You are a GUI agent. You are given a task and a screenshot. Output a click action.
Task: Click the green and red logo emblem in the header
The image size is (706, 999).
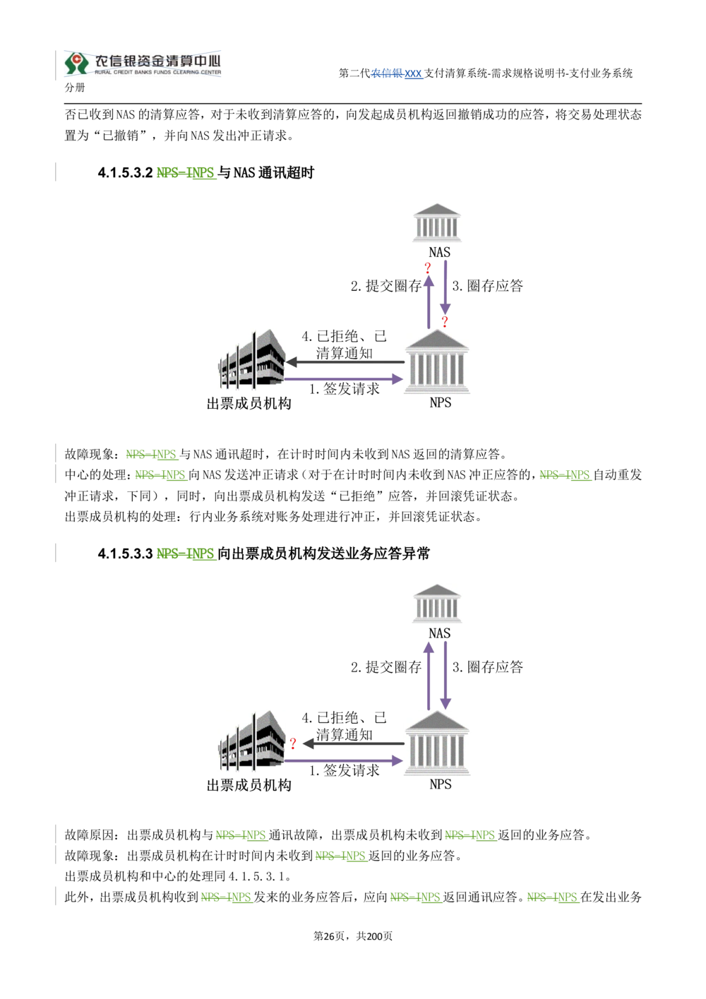[76, 63]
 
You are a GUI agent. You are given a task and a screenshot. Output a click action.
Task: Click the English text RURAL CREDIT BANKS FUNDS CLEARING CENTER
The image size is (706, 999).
[157, 72]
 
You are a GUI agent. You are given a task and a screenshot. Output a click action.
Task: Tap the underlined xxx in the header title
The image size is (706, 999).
[413, 73]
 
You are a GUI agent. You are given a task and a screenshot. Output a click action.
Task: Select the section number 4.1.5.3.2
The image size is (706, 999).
[126, 172]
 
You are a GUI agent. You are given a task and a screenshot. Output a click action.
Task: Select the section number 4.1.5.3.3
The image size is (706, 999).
[126, 554]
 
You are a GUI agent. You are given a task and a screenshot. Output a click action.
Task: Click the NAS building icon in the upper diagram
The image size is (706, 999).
[437, 222]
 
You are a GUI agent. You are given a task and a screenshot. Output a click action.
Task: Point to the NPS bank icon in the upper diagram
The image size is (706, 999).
[436, 361]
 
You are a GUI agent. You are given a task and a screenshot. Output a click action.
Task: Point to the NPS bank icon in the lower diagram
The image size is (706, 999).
[436, 743]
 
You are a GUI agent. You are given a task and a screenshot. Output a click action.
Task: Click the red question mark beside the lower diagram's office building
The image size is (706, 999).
[293, 743]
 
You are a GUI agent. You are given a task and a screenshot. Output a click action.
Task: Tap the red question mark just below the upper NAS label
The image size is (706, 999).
[428, 268]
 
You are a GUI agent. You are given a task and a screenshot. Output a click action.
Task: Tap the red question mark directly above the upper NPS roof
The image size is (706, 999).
[445, 321]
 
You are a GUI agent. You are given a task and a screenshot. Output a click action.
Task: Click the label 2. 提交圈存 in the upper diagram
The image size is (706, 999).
[386, 286]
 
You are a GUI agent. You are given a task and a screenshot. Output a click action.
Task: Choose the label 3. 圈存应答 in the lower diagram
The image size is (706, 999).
[487, 666]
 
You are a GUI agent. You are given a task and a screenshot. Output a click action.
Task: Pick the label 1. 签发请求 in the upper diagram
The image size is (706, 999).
[345, 389]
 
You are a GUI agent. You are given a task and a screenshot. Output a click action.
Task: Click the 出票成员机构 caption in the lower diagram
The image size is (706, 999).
[249, 785]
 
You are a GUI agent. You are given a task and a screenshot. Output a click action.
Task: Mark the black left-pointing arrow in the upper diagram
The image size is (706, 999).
[345, 362]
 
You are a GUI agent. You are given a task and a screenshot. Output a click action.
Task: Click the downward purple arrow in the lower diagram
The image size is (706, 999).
[445, 675]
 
